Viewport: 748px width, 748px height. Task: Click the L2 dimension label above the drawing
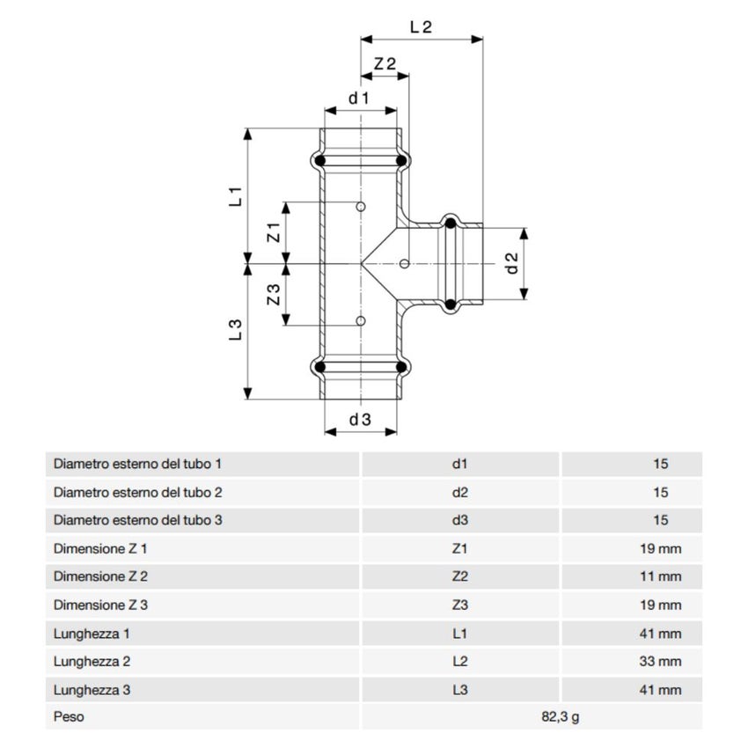click(421, 26)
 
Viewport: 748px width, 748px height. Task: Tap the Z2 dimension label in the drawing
click(385, 63)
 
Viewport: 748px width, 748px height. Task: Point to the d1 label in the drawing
click(359, 99)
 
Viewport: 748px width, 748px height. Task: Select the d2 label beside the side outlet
click(511, 263)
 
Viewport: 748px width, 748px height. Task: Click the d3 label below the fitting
click(360, 420)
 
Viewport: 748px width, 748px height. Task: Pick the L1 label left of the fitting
click(236, 196)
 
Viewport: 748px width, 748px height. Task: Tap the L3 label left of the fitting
click(236, 330)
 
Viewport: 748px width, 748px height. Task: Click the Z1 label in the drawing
click(274, 232)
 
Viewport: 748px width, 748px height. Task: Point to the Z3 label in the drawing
click(274, 295)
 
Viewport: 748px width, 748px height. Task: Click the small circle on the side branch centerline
click(404, 263)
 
